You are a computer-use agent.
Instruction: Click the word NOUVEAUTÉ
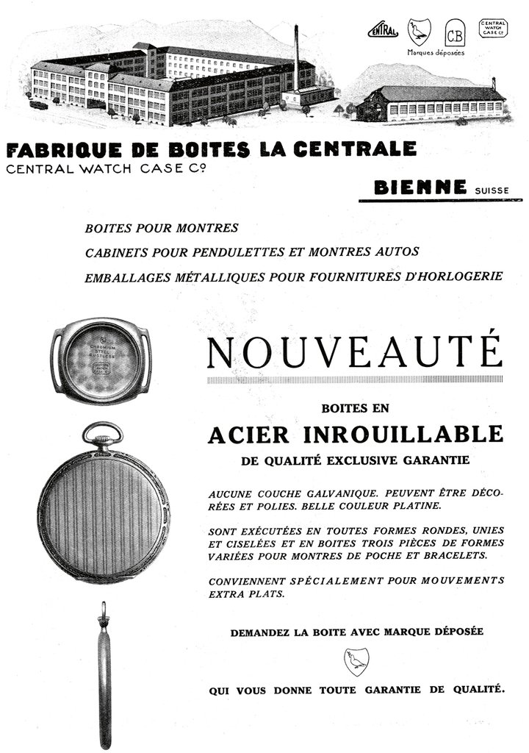pos(355,353)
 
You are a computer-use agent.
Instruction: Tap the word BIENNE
pos(420,188)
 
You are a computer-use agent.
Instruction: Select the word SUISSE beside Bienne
pos(492,190)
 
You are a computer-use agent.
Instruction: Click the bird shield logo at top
pos(420,32)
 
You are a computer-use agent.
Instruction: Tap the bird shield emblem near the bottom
pos(356,661)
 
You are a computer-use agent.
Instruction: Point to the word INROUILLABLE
pos(403,435)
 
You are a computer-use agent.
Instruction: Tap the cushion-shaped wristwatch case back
pos(101,360)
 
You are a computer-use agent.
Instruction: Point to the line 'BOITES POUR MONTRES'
pos(162,228)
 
